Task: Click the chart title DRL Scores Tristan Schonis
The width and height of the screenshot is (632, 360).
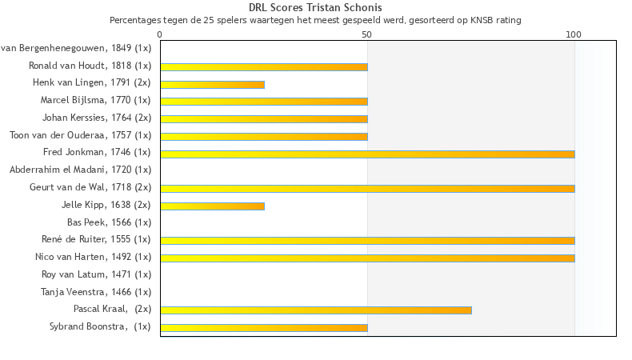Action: coord(315,8)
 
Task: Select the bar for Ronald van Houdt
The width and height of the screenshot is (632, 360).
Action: coord(264,66)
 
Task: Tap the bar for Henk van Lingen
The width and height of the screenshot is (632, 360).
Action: coord(212,84)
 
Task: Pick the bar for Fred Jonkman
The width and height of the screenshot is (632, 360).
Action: coord(367,154)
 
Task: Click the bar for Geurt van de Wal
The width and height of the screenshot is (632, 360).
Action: coord(367,188)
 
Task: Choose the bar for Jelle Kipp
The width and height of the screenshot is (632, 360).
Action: coord(212,206)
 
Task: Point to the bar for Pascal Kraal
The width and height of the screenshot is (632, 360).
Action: coord(316,310)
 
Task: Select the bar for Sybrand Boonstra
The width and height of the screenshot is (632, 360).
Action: coord(264,327)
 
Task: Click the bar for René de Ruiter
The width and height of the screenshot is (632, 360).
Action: coord(367,240)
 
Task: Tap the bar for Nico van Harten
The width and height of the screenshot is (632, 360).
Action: coord(367,258)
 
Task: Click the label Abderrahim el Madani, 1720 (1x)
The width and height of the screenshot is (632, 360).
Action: coord(80,170)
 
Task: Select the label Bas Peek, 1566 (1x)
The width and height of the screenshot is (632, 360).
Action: coord(109,222)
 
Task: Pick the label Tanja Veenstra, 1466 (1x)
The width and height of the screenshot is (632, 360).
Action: coord(96,292)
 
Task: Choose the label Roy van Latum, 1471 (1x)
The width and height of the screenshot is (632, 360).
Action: coord(96,274)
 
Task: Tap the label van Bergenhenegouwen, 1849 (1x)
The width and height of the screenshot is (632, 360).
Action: coord(76,49)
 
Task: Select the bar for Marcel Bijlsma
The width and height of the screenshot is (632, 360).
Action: coord(264,102)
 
